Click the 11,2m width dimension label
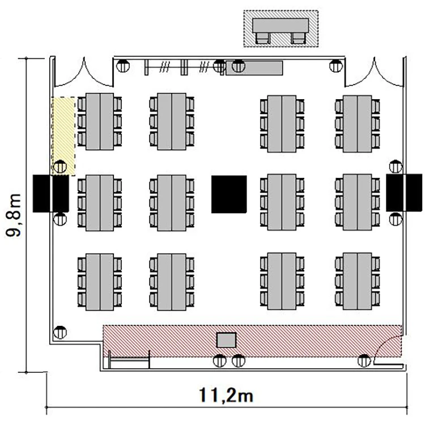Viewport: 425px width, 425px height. pos(226,395)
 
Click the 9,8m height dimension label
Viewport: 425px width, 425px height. pos(13,215)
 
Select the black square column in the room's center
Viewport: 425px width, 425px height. pos(229,194)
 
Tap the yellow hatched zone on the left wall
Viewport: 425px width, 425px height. pos(63,136)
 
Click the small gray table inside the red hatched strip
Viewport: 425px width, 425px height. pos(226,340)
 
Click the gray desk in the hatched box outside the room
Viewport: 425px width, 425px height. pos(280,25)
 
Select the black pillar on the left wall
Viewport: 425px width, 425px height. pos(50,193)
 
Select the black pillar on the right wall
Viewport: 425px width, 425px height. pos(404,193)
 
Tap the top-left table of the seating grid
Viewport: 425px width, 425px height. pos(100,121)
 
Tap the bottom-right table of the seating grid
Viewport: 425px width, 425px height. pos(357,281)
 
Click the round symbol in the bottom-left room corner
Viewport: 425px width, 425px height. pos(60,332)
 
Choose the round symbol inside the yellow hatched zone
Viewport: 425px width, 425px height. pos(60,167)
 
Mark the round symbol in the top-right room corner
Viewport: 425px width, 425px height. pos(336,66)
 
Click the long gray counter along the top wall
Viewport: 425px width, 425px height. pos(254,68)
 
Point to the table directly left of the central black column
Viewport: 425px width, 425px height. pos(172,203)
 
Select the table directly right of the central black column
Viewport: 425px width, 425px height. pos(282,202)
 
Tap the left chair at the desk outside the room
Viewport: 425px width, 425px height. pos(262,38)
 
